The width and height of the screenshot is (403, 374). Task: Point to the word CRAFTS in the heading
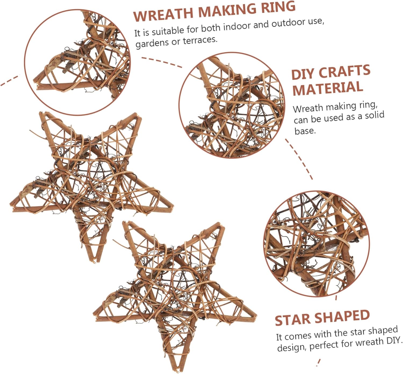pyautogui.click(x=344, y=71)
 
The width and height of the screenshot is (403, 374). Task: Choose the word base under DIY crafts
pyautogui.click(x=304, y=131)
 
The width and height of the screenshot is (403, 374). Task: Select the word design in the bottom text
pyautogui.click(x=292, y=347)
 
